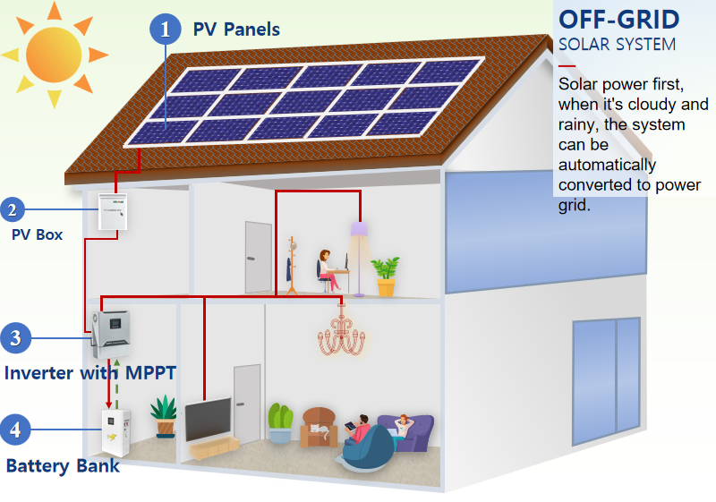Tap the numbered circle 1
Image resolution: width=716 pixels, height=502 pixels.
(165, 29)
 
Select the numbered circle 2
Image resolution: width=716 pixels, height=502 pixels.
(12, 211)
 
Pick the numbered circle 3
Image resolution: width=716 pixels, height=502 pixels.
(15, 338)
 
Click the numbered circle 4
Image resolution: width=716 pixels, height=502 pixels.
(15, 430)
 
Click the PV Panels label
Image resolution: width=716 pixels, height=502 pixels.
(236, 30)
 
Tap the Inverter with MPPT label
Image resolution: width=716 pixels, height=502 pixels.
(90, 372)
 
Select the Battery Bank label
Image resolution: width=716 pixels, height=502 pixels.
(63, 465)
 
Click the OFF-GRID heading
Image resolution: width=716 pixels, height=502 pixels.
(618, 19)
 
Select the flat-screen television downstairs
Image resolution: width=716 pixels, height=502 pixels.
(208, 419)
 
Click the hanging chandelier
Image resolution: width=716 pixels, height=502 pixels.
(342, 335)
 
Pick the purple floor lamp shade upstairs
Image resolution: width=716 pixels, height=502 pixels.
(360, 231)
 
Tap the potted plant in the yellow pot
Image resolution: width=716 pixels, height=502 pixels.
(386, 277)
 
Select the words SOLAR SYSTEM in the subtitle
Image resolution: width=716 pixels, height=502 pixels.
(617, 44)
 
